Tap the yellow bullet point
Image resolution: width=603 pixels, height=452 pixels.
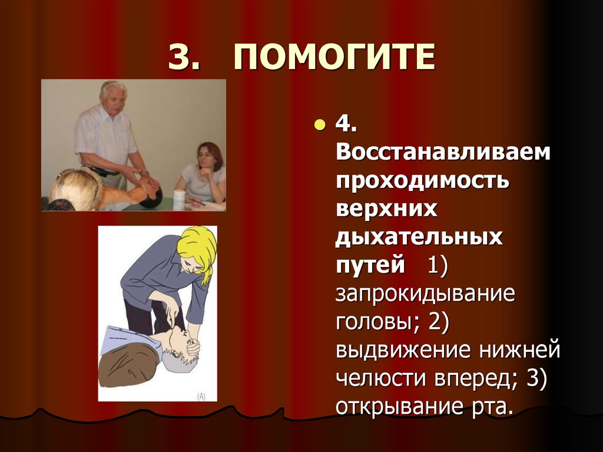319,125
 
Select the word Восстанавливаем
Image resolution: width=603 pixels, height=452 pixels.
443,153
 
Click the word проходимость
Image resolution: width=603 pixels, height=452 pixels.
422,180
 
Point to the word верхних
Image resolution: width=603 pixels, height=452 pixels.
387,209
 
